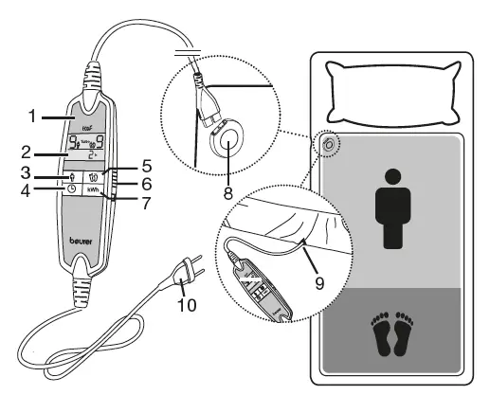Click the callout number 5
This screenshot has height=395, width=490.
(x=120, y=162)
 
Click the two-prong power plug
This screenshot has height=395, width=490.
(x=185, y=277)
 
